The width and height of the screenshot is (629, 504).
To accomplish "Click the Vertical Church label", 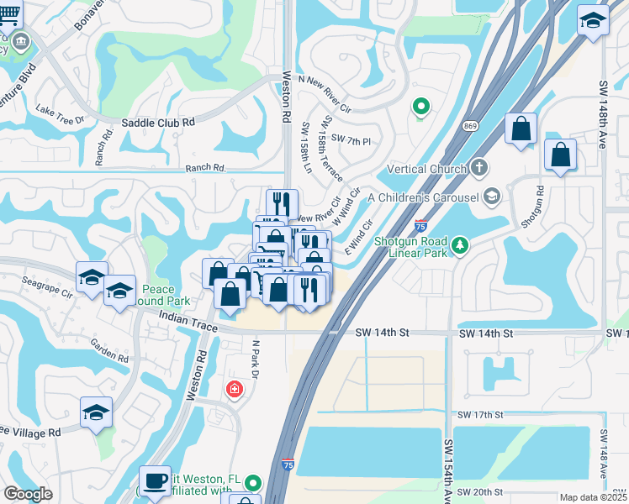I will (426, 169).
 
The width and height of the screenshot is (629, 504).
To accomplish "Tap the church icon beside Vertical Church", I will (479, 168).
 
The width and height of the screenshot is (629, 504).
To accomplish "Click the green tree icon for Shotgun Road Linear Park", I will (459, 244).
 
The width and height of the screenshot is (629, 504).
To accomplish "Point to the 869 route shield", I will (469, 125).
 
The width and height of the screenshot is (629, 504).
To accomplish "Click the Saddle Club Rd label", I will (158, 122).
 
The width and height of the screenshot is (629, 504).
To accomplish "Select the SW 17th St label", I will (479, 415).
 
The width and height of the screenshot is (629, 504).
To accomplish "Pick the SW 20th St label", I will (479, 491).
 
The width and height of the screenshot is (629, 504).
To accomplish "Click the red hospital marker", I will (234, 390).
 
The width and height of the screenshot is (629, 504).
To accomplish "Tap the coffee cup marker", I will (155, 480).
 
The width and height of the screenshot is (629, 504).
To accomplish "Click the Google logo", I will (28, 494).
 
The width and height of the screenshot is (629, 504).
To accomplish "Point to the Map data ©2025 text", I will (594, 497).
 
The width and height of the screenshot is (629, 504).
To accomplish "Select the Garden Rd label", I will (110, 351).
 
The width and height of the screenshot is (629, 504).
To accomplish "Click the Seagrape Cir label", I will (47, 285).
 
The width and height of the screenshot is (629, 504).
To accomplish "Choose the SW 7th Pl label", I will (351, 139).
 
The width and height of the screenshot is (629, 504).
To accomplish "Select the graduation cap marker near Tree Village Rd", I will (97, 412).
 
